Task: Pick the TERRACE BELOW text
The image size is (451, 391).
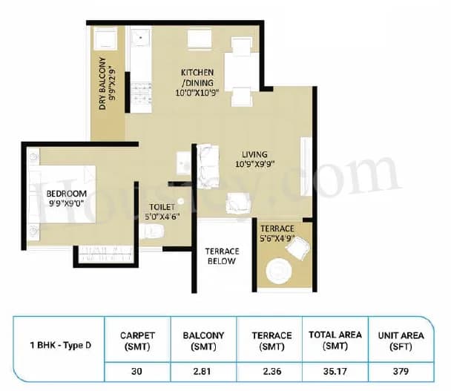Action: [x=221, y=256]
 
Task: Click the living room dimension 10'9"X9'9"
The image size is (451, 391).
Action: [x=254, y=164]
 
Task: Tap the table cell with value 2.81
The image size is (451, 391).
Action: [x=203, y=369]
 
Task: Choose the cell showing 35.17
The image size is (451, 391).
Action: [x=335, y=369]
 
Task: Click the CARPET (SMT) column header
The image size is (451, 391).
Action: [x=137, y=341]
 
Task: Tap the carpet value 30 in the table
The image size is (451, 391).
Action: [x=137, y=369]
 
